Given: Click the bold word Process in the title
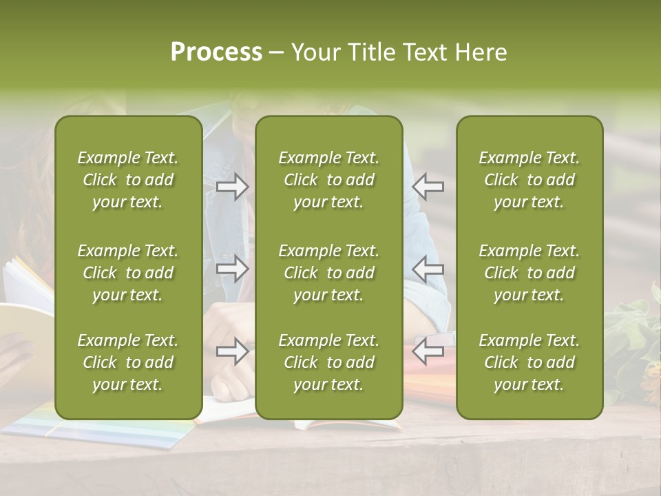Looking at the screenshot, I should point(216,52).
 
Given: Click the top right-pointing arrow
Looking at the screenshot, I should point(233,186).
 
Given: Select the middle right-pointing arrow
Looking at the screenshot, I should point(233,269).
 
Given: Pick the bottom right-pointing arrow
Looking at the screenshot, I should point(233,351).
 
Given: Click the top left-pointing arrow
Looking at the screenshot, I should point(428,186).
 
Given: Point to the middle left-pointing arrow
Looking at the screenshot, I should point(428,269).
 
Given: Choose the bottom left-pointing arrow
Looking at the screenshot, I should point(428,351).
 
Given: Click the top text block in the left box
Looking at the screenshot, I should point(128,180).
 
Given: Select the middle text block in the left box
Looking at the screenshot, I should point(128,273).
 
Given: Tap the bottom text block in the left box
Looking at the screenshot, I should point(128,362).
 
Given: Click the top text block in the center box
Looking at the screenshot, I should point(329,180).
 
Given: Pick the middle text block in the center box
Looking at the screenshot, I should point(329,273).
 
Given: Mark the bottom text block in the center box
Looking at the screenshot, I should point(329,362).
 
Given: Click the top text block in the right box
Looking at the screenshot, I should point(529,180).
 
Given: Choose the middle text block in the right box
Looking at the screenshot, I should point(529,273).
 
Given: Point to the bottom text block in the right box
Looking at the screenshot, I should point(529,362).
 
